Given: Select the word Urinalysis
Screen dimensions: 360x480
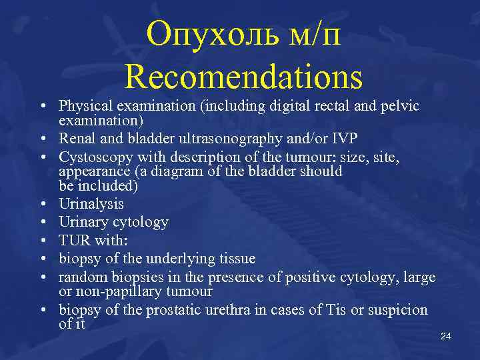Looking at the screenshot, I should tap(91, 204).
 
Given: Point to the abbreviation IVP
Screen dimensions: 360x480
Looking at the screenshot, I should tap(344, 138).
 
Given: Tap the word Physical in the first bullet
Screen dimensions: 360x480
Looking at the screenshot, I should tap(85, 105).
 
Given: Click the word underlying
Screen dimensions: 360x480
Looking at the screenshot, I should tap(183, 259).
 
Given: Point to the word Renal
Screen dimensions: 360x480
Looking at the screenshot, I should tap(76, 138).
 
